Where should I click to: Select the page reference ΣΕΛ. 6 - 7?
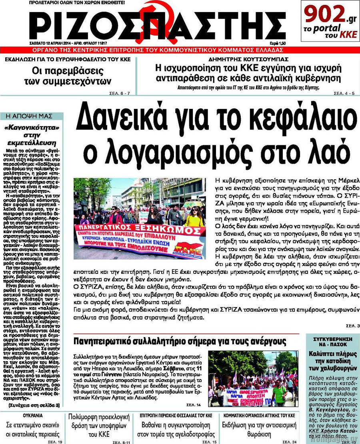pos(120,93)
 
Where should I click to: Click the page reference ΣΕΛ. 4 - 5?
pos(344,93)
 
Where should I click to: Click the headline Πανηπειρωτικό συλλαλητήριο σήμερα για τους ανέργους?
pos(180,342)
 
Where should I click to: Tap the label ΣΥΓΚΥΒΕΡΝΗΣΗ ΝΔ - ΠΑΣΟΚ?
pos(332,342)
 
